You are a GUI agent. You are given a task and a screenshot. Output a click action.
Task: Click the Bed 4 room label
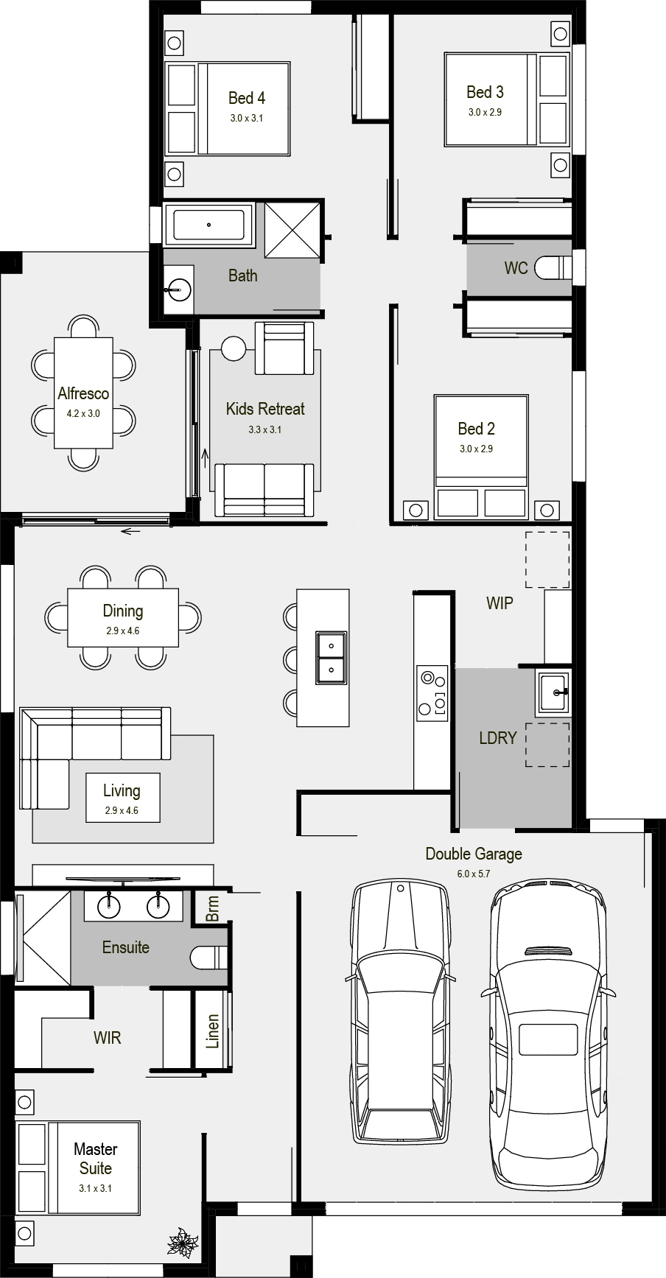point(246,98)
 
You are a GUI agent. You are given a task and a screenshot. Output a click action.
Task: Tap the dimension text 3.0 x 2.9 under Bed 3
point(485,113)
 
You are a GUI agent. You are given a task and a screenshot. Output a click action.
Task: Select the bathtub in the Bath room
point(208,225)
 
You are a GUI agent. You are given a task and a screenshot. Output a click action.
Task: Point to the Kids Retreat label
point(264,409)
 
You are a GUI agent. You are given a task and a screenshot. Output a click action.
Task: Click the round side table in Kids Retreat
point(234,348)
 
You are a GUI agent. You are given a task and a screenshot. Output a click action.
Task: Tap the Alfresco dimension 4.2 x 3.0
point(83,413)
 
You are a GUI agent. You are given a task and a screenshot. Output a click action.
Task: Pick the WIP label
point(499,603)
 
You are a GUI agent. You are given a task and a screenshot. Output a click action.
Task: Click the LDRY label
point(497,737)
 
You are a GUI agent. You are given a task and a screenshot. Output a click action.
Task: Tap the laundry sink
point(553,693)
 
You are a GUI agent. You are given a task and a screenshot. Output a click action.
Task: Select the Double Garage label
point(473,854)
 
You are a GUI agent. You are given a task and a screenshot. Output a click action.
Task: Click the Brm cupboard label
point(213,908)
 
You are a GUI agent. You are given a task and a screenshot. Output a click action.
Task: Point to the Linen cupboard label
point(213,1031)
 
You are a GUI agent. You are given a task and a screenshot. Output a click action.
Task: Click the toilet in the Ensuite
point(210,958)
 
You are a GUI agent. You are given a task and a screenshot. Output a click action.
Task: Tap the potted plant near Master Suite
point(181,1241)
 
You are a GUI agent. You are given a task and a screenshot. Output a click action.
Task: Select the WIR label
point(107,1038)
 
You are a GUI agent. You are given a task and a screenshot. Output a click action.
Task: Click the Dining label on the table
point(123,611)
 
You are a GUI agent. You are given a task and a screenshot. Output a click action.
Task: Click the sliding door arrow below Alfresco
point(131,531)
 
